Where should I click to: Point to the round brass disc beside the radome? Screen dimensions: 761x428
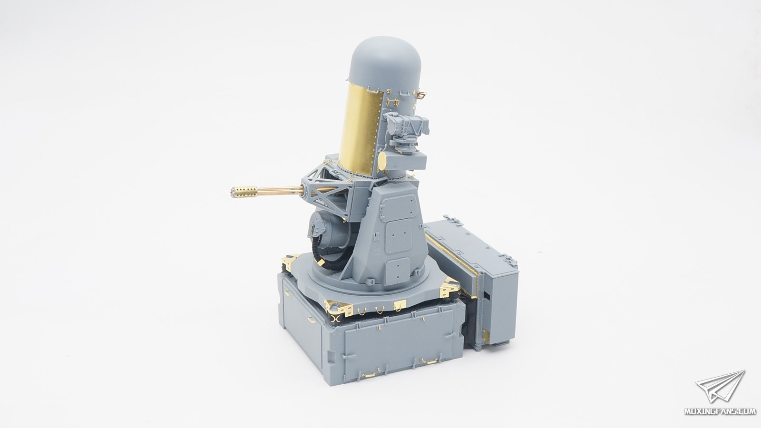382,161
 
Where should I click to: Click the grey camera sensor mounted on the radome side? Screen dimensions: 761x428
406,129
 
